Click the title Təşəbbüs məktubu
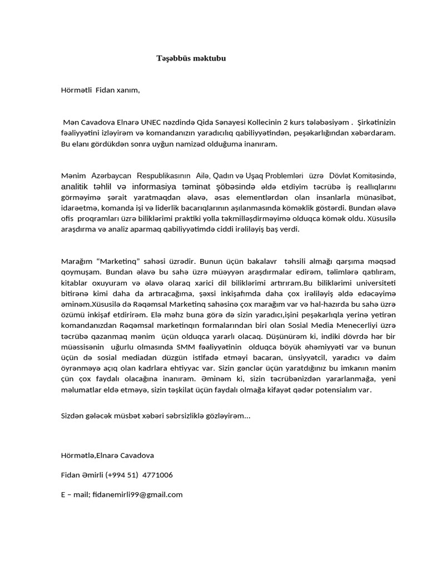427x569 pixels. pyautogui.click(x=191, y=58)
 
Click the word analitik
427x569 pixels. pyautogui.click(x=77, y=186)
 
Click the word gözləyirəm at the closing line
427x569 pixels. pyautogui.click(x=225, y=416)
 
